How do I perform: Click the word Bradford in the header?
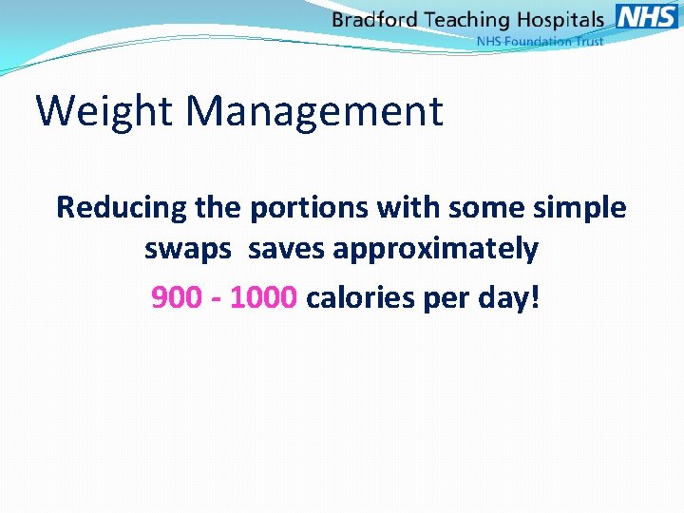375,20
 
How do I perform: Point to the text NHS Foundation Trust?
540,41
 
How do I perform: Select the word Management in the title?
314,111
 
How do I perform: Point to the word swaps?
187,251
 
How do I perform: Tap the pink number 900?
177,298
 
